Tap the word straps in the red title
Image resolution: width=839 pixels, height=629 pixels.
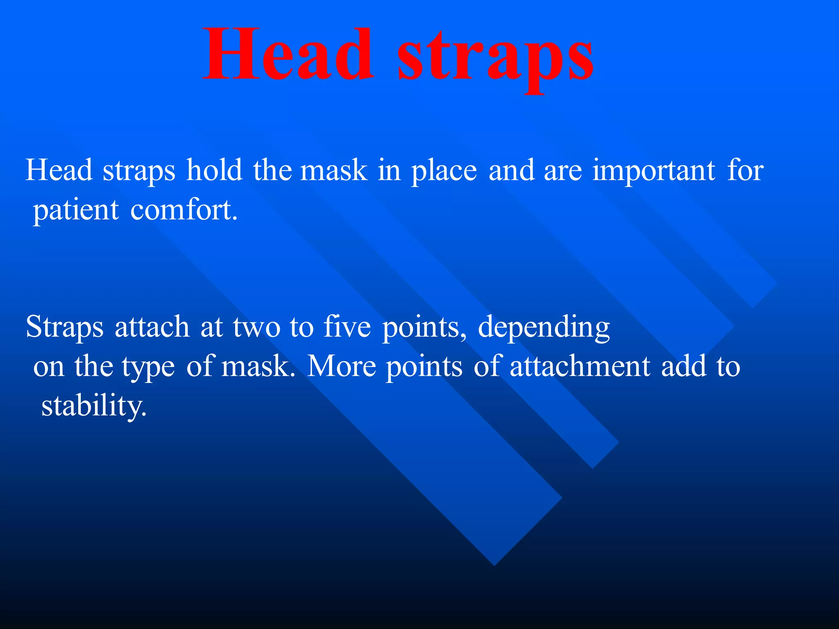point(496,57)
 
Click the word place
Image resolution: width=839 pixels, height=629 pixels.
point(444,171)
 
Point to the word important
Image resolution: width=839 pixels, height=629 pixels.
point(654,171)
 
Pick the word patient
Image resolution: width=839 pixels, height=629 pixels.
point(76,210)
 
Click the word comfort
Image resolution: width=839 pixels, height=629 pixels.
point(184,210)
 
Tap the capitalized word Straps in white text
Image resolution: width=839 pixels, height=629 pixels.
point(65,328)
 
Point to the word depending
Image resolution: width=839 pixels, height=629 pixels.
point(544,328)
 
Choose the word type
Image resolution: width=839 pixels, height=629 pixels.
point(148,367)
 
